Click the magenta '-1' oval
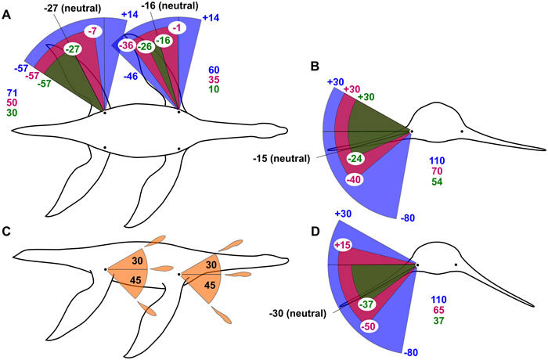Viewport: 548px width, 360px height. [x=178, y=27]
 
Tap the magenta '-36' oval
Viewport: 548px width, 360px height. [x=125, y=45]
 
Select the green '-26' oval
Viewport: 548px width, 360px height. [x=145, y=46]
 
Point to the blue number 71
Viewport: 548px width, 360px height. [x=13, y=92]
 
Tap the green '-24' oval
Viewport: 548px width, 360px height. [x=355, y=159]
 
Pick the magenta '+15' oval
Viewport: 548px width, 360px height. [x=341, y=246]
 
